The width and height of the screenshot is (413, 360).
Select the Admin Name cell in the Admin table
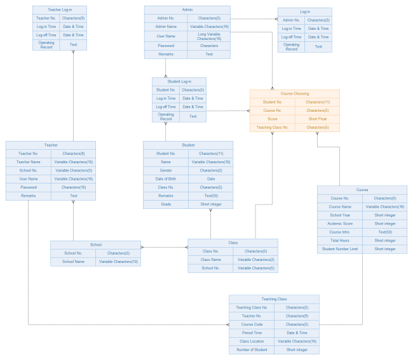coord(166,27)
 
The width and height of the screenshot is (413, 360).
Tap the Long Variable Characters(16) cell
coord(209,36)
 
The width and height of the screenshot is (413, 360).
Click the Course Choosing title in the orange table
coord(295,93)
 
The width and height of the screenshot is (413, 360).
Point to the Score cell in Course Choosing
coord(273,119)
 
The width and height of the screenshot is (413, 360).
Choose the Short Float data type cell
coord(318,119)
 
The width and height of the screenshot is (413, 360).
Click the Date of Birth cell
coord(166,179)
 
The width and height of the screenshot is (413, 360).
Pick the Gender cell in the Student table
coord(166,170)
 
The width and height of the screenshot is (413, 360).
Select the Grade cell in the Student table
coord(166,204)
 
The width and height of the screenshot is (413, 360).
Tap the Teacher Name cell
coord(28,162)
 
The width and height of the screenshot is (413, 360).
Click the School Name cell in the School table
coord(74,262)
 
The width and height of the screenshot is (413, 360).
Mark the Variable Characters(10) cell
coord(119,262)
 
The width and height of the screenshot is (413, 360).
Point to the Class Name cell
coord(210,260)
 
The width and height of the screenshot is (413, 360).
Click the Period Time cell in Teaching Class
coord(252,333)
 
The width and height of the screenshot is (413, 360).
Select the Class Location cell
coord(252,341)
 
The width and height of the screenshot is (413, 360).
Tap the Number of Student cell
coord(252,350)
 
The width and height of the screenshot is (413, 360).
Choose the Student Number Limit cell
coord(340,249)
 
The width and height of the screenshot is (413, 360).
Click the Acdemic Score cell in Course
coord(340,223)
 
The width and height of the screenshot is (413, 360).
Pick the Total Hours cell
coord(340,241)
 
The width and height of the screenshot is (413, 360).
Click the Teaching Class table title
coord(274,299)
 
